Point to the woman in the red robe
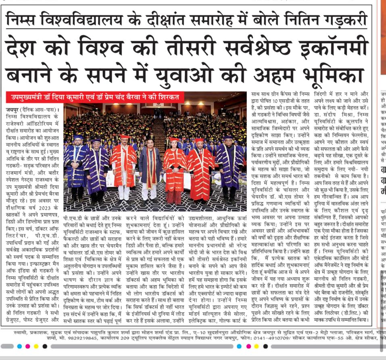[x=175, y=169]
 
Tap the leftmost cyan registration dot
[x=19, y=346]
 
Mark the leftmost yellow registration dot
[x=36, y=346]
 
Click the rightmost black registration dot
[x=265, y=346]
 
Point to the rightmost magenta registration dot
[x=248, y=346]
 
